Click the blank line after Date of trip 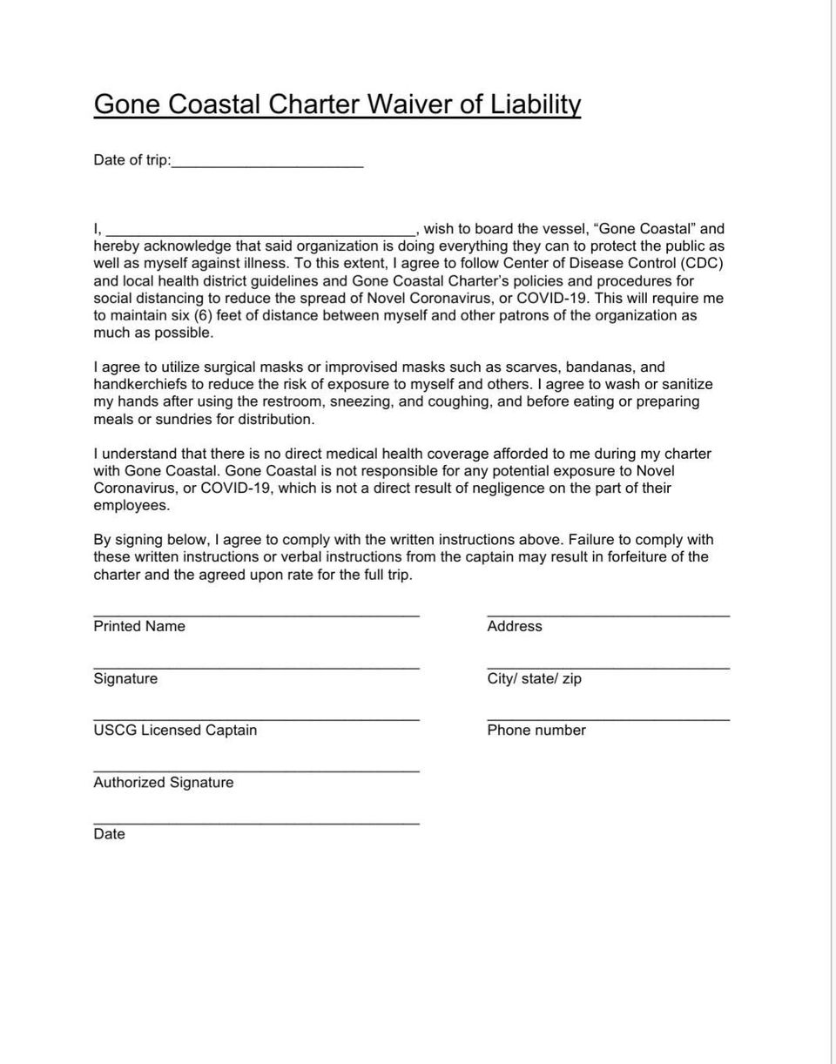point(267,164)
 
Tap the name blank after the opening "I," point(260,232)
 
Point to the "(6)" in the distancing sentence point(203,315)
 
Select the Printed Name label point(139,626)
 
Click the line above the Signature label point(256,668)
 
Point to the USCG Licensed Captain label point(175,731)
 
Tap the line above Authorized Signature point(256,771)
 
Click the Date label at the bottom point(109,834)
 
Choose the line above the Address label point(608,616)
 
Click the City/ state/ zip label point(534,678)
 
